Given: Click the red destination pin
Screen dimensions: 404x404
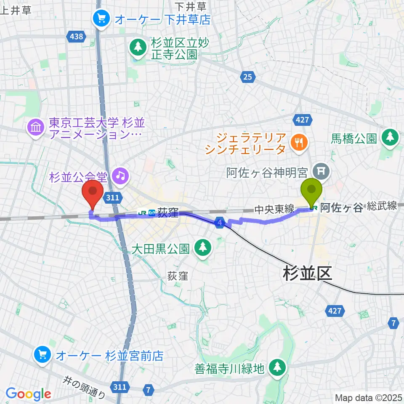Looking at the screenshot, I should click(93, 192).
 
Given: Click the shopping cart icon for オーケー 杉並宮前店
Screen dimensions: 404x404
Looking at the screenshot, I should click(42, 355).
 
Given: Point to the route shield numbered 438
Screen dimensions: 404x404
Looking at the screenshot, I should click(76, 37).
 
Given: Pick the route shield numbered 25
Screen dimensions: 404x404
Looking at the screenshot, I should click(247, 76).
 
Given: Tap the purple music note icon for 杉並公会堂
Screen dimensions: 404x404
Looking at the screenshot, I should click(121, 175).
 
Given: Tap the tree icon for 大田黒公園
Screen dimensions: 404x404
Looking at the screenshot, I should click(202, 247).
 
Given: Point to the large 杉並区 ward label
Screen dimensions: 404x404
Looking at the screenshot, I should click(307, 274).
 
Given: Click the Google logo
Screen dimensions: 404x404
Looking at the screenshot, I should click(28, 394).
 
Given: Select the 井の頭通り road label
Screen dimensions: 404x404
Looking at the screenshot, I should click(84, 388).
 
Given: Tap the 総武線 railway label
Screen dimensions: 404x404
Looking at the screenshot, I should click(382, 205).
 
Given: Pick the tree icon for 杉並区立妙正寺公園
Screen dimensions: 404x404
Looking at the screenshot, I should click(137, 48).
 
